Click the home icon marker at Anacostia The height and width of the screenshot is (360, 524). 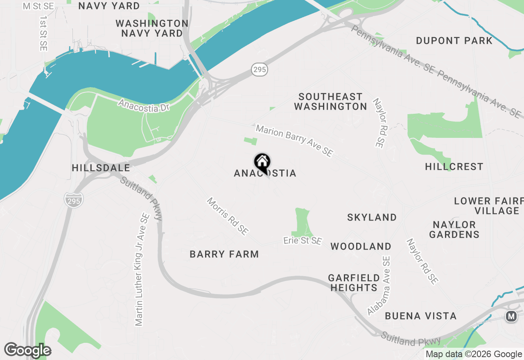[262, 162]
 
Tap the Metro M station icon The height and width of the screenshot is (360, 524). [511, 316]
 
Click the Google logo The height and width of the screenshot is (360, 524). [27, 351]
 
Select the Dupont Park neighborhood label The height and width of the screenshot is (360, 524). [454, 40]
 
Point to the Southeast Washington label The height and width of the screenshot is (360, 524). [330, 101]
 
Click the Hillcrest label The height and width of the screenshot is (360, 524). [454, 166]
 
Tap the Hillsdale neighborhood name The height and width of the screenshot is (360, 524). [101, 168]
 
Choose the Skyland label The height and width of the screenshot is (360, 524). [372, 217]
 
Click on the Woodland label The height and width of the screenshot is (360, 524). [361, 246]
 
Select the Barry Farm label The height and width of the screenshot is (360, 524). [224, 254]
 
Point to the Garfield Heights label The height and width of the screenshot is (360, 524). [354, 283]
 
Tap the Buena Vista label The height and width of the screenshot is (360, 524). [420, 316]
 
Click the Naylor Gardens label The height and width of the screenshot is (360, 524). [454, 229]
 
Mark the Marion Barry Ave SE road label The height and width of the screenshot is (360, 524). [294, 141]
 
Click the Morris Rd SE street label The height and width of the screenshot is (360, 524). [227, 216]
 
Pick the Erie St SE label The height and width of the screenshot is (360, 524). [303, 241]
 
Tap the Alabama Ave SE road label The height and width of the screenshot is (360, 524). [379, 286]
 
